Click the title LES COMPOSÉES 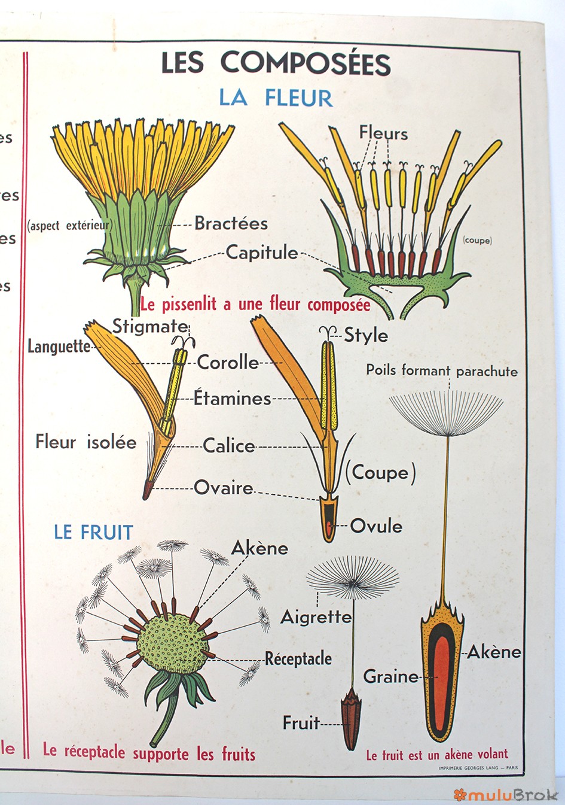click(x=276, y=63)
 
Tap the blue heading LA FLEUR click(x=276, y=98)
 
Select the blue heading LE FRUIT click(x=93, y=532)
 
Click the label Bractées click(x=231, y=224)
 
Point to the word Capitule click(x=262, y=253)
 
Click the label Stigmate click(x=151, y=326)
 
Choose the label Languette click(x=59, y=347)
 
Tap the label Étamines click(x=233, y=398)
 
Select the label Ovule click(x=375, y=526)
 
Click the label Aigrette click(x=316, y=616)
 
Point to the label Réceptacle click(x=298, y=658)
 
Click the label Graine click(x=391, y=676)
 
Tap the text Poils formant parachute click(x=442, y=370)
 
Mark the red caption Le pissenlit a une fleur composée click(x=255, y=304)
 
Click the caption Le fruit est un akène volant click(x=437, y=754)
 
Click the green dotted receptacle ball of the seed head click(x=172, y=643)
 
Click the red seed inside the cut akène click(x=444, y=682)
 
